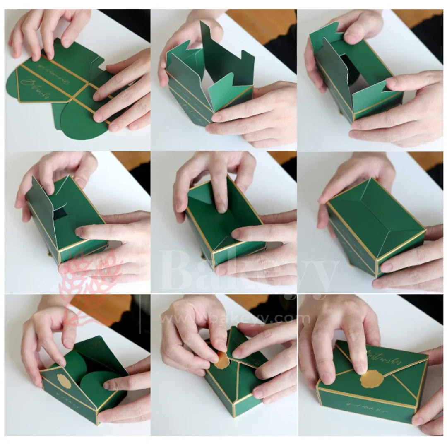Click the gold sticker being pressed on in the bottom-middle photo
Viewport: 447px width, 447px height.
click(x=222, y=360)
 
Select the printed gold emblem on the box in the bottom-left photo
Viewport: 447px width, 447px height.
click(x=64, y=381)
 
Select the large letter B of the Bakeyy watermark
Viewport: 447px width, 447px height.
click(x=178, y=271)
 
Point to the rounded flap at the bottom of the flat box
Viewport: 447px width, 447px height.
click(x=81, y=122)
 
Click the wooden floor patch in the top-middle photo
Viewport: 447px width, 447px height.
click(x=252, y=23)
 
